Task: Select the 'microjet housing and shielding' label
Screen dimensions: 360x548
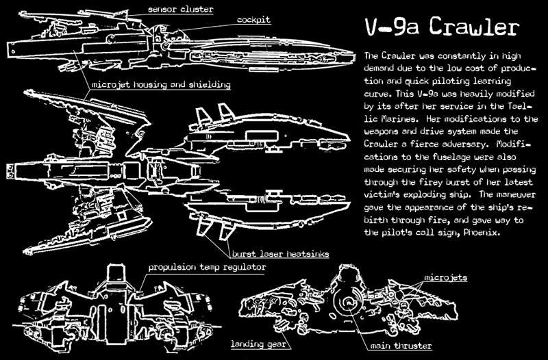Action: [160, 85]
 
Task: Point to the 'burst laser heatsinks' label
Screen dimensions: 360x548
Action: [279, 254]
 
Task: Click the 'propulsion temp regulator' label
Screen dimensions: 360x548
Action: [207, 266]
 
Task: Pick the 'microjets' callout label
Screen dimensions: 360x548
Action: [445, 278]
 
